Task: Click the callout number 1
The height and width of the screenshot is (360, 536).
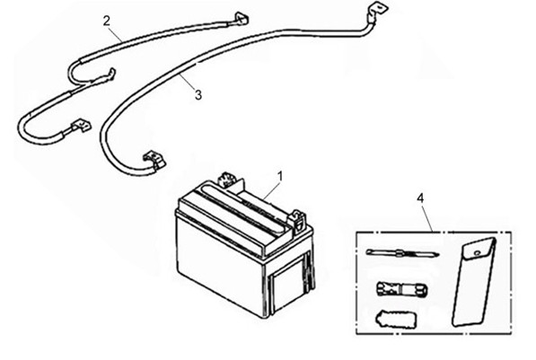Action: tap(280, 177)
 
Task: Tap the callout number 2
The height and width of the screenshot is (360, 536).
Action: tap(107, 22)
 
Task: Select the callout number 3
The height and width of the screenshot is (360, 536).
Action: tap(198, 94)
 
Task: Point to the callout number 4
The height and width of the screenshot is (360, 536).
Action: tap(420, 198)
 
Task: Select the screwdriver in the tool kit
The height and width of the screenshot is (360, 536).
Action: tap(402, 253)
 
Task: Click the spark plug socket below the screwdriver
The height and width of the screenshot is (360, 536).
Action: tap(401, 290)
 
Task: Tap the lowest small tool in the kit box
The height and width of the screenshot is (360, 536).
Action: tap(396, 319)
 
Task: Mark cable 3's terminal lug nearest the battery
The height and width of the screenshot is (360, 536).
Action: tap(154, 161)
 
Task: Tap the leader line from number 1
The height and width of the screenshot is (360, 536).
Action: tap(272, 190)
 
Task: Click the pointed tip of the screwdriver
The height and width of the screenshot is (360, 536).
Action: tap(438, 254)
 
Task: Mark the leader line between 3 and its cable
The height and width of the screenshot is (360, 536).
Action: tap(187, 81)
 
